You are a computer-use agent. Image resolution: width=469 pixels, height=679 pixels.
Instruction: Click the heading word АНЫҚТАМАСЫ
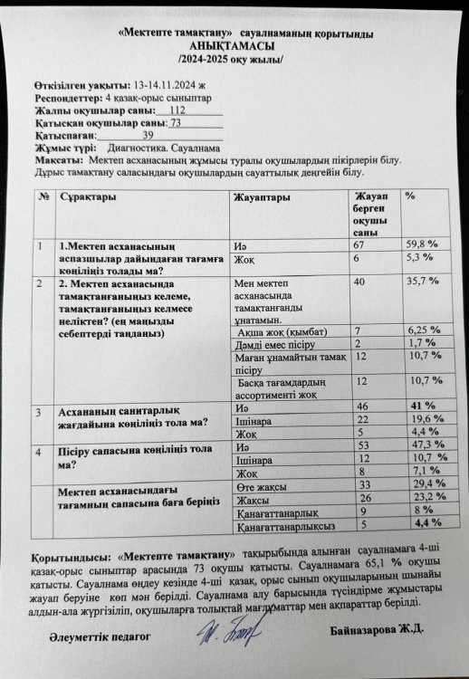click(234, 46)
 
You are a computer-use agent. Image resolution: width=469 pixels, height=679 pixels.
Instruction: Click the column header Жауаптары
click(262, 197)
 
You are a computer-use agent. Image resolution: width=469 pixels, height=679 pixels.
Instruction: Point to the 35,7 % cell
click(420, 282)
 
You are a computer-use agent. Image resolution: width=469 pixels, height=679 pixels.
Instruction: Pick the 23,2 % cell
click(421, 500)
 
